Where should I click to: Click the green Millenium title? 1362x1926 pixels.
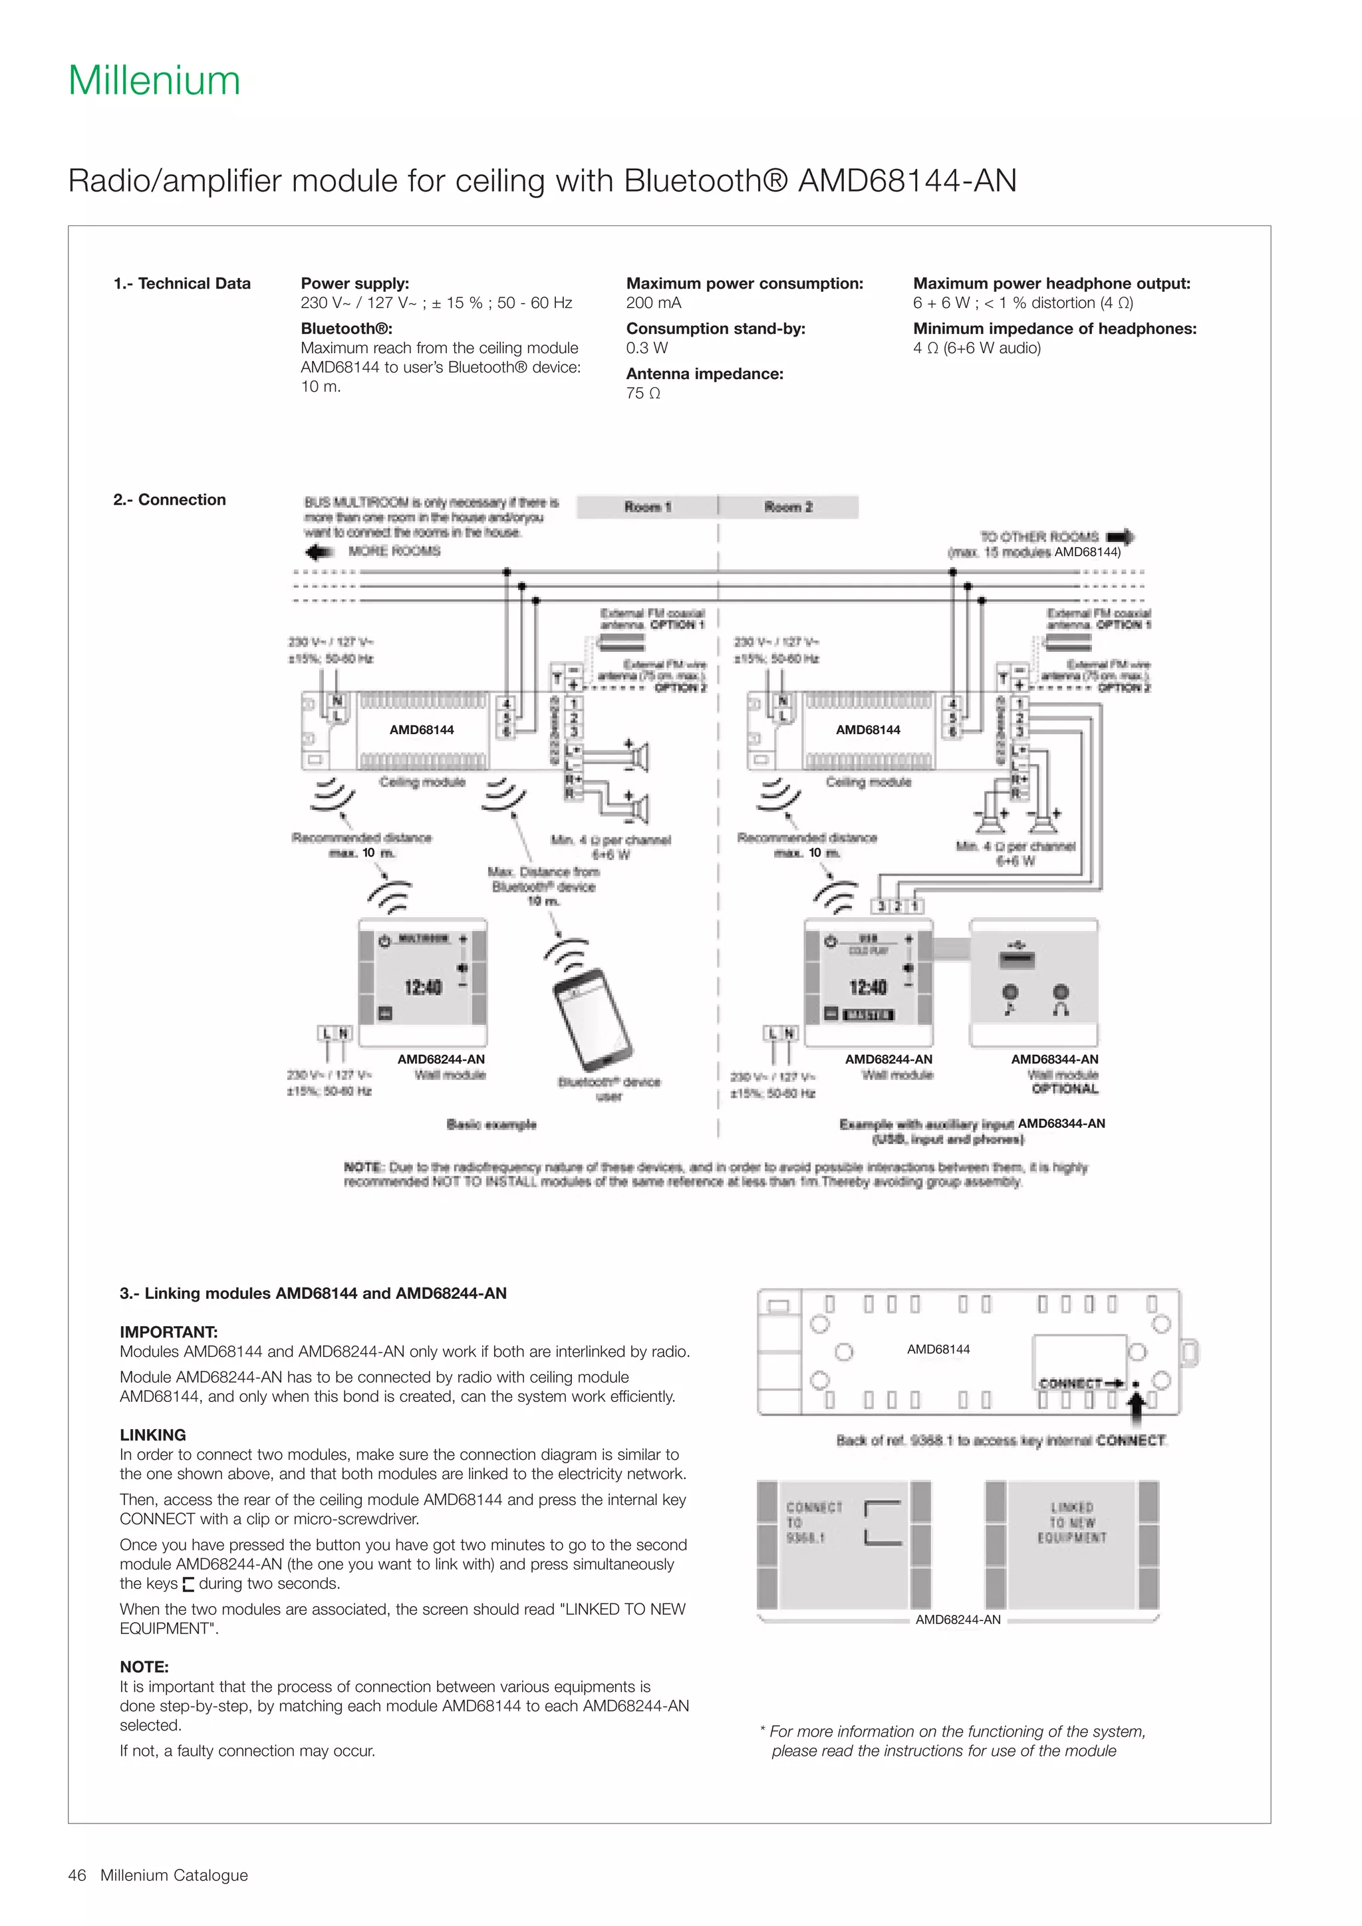154,80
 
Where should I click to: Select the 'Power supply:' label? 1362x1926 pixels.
354,283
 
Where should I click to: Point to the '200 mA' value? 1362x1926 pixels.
653,303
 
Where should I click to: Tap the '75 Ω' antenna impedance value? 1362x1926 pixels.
643,394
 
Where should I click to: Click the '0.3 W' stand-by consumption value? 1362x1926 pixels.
646,348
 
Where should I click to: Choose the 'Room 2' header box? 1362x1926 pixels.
788,507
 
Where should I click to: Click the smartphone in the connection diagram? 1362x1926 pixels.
591,1016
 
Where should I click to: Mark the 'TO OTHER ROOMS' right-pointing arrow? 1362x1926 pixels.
1121,537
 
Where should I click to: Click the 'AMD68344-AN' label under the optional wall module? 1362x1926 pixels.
1054,1059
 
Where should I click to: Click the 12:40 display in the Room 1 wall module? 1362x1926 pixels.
423,988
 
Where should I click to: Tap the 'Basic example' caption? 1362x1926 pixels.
491,1124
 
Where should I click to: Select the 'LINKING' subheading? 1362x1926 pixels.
153,1435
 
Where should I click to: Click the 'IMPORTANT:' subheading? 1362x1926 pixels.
168,1332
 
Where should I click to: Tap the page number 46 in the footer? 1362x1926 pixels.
77,1875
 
